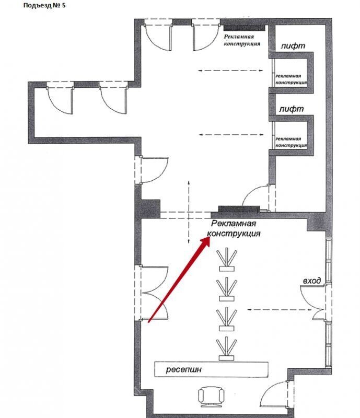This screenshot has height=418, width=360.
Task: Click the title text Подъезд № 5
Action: (x=44, y=5)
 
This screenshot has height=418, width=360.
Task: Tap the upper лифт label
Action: (x=293, y=46)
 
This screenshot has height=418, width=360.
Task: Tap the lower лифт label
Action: (x=291, y=109)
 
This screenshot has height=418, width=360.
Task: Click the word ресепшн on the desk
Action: (x=183, y=370)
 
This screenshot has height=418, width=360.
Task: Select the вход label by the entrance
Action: (x=312, y=281)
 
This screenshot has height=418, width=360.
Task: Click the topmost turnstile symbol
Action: (x=227, y=260)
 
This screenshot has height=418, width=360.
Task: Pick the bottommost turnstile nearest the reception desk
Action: (x=227, y=349)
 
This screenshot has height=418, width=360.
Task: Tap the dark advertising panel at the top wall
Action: (x=244, y=28)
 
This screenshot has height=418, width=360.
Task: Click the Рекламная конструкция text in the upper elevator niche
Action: (x=291, y=79)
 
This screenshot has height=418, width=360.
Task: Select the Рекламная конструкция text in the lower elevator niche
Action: (x=291, y=142)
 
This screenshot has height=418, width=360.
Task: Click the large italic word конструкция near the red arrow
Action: (x=234, y=234)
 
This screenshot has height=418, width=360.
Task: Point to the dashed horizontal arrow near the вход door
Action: (x=280, y=309)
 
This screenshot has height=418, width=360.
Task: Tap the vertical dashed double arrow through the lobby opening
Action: (x=189, y=212)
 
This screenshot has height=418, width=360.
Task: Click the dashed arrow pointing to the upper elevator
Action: (x=230, y=71)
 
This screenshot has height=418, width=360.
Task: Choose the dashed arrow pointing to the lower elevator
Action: (x=231, y=135)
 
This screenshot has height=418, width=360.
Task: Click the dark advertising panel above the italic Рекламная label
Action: (x=239, y=209)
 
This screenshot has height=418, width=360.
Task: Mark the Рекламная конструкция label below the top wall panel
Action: (x=242, y=40)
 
